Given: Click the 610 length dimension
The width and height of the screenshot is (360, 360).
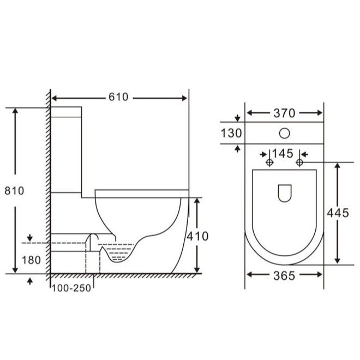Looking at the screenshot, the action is [118, 97].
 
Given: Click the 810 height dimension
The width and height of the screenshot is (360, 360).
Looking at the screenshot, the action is [14, 191].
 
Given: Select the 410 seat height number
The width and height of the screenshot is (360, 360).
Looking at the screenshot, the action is [197, 236].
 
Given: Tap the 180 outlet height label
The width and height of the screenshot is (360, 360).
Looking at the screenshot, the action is [31, 260].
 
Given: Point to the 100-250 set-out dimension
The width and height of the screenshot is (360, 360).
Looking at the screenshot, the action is [71, 288].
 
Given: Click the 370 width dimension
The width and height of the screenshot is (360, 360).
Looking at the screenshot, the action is [284, 113].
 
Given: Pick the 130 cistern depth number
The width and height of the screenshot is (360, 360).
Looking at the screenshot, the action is [231, 133].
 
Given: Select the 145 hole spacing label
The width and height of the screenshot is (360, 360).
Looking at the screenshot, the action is [283, 154].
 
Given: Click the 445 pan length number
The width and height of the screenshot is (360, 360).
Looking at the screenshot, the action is [338, 213].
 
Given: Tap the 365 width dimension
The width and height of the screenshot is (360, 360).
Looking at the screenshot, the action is [284, 275].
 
